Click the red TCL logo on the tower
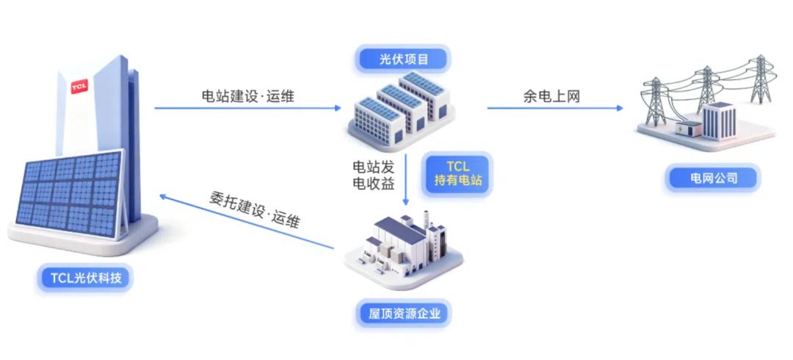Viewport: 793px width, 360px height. pyautogui.click(x=79, y=86)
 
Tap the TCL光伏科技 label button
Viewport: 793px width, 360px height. pyautogui.click(x=85, y=278)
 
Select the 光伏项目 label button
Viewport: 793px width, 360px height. pyautogui.click(x=404, y=60)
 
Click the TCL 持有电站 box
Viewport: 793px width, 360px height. pyautogui.click(x=458, y=173)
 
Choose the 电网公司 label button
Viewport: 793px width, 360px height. pyautogui.click(x=713, y=179)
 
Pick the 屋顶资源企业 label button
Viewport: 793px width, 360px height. pyautogui.click(x=404, y=314)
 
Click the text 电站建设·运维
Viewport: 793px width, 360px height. pyautogui.click(x=248, y=96)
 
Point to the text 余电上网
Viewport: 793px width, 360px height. pyautogui.click(x=551, y=96)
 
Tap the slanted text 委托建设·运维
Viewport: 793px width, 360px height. pyautogui.click(x=254, y=210)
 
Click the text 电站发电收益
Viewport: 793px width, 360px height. pyautogui.click(x=373, y=175)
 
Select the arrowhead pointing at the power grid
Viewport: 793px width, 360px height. pyautogui.click(x=620, y=108)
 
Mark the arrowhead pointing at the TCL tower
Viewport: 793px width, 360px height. pyautogui.click(x=163, y=196)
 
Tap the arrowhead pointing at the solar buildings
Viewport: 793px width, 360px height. pyautogui.click(x=338, y=108)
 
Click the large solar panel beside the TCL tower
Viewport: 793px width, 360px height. pyautogui.click(x=70, y=195)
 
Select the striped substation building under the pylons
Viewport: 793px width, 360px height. pyautogui.click(x=719, y=120)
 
